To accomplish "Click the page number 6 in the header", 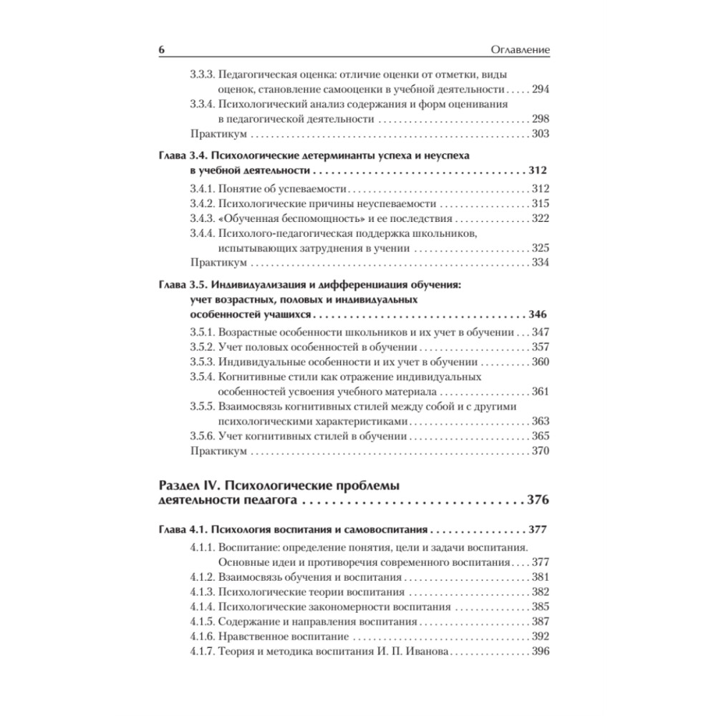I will point(161,50).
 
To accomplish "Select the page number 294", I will point(539,89).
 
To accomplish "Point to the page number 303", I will point(539,134).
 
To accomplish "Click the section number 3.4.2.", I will point(202,203).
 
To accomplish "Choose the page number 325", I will point(539,248).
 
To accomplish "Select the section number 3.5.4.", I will point(202,377).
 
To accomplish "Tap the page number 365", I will point(539,436).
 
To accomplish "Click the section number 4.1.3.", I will point(202,592).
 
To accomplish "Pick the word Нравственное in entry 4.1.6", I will point(252,637).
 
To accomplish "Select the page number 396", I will point(539,652).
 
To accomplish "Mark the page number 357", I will point(539,347).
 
